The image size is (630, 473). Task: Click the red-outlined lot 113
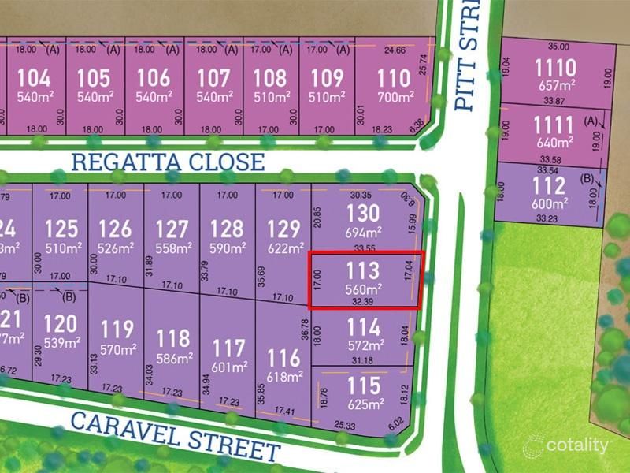tap(363, 281)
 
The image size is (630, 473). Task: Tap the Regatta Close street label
tap(168, 162)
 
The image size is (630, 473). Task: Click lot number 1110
tap(554, 67)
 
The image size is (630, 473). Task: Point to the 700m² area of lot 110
tap(395, 97)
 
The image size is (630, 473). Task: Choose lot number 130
tap(363, 213)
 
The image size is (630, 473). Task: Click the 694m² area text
tap(363, 233)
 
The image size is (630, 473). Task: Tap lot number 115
tap(363, 385)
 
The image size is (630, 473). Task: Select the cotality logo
tap(567, 445)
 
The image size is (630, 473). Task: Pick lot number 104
tap(33, 78)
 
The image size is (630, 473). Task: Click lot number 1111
tap(554, 124)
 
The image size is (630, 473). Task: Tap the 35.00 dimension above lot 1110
tap(558, 47)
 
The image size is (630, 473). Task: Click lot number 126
tap(115, 229)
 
